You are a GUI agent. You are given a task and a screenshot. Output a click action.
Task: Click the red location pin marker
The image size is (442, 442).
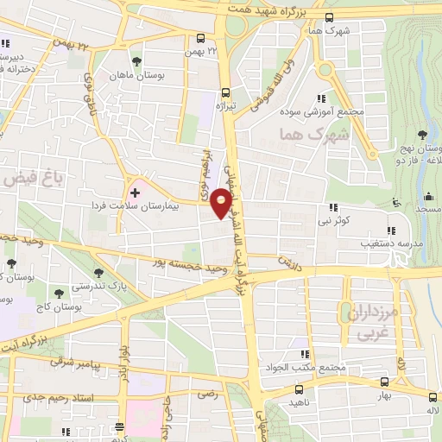[222, 204]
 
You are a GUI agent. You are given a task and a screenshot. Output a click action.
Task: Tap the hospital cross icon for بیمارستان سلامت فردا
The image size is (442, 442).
[134, 192]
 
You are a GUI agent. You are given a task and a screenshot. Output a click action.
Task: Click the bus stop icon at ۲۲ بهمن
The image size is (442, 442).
[200, 38]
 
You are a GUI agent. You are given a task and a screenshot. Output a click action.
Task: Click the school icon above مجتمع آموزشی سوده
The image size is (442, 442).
[321, 98]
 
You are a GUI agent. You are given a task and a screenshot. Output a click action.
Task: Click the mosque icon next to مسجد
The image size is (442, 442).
[396, 203]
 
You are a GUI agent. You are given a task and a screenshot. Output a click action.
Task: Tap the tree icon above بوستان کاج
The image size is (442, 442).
[58, 293]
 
